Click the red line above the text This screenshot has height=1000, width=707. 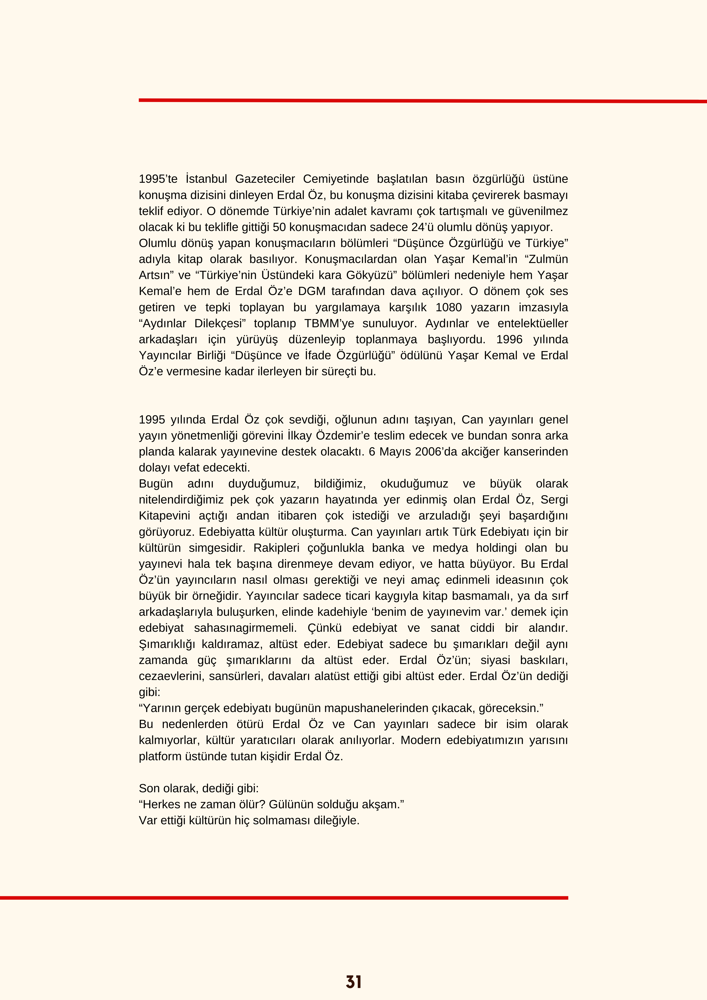(x=422, y=100)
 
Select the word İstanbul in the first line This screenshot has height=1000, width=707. (x=206, y=179)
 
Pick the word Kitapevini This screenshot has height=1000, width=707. (x=164, y=516)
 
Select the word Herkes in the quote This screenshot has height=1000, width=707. (x=160, y=804)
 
